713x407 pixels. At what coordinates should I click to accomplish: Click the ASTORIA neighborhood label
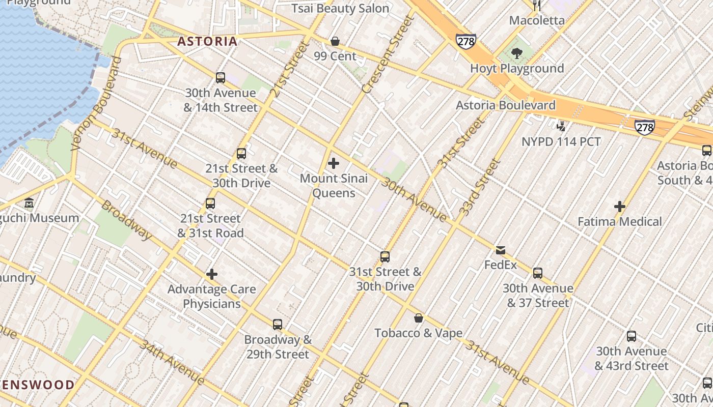point(207,41)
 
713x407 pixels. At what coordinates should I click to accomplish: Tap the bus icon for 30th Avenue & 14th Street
point(221,78)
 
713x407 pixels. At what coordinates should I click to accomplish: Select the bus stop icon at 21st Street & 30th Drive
point(241,153)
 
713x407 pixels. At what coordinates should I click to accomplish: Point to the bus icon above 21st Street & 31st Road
point(210,203)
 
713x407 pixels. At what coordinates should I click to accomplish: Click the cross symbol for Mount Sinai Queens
point(334,163)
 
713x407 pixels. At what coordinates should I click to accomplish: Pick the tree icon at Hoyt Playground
point(516,53)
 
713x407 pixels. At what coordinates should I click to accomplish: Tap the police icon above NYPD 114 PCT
point(561,126)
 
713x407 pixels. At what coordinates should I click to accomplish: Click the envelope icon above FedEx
point(501,250)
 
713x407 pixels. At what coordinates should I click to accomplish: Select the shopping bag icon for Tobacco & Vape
point(419,318)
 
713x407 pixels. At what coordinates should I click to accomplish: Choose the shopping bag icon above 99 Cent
point(335,41)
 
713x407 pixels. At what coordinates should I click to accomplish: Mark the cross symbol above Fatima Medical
point(620,207)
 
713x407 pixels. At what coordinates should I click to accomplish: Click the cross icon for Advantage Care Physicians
point(212,274)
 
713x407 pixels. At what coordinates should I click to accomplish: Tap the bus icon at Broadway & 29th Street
point(278,324)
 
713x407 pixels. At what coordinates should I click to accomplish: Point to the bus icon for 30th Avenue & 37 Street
point(538,273)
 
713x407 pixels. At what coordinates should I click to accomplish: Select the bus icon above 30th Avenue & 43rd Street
point(632,336)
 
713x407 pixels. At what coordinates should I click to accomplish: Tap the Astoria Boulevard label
point(505,105)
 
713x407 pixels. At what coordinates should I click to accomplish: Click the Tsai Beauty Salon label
point(340,9)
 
